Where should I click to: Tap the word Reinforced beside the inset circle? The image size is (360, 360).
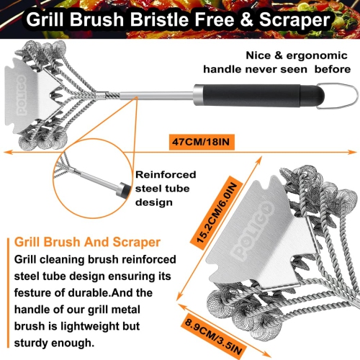pyautogui.click(x=163, y=174)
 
